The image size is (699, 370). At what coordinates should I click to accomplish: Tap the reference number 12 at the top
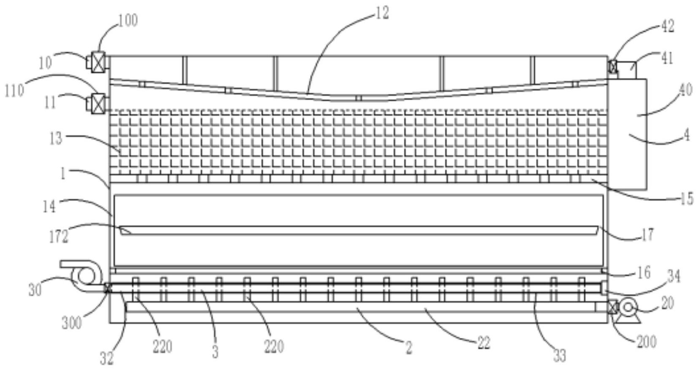(381, 14)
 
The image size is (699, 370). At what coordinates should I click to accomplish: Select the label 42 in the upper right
(667, 27)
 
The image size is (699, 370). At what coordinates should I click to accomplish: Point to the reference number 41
(667, 58)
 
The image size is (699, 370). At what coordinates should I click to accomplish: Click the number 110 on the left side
(14, 91)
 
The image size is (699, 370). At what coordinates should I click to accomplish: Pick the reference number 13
(55, 138)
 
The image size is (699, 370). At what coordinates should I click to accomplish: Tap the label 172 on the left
(58, 237)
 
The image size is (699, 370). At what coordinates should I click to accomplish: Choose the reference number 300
(72, 323)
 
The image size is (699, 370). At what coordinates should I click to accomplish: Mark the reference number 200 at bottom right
(646, 341)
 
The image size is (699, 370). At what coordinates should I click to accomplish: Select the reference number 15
(687, 199)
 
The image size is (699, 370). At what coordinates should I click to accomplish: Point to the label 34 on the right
(673, 276)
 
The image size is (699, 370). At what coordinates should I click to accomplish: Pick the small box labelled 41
(626, 70)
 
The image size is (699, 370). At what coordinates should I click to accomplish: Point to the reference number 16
(643, 273)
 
